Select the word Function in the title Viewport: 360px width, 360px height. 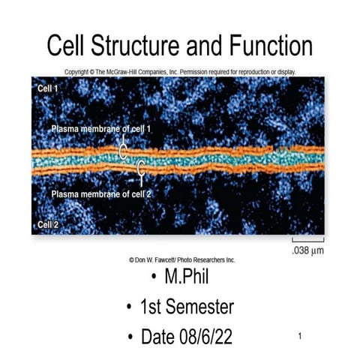pyautogui.click(x=267, y=46)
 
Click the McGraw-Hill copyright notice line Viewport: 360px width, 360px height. pyautogui.click(x=180, y=72)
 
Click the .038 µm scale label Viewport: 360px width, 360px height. pyautogui.click(x=307, y=250)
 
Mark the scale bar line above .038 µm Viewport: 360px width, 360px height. pyautogui.click(x=308, y=240)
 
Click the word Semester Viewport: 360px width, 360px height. pyautogui.click(x=200, y=307)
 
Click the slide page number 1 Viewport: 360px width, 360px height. pyautogui.click(x=299, y=335)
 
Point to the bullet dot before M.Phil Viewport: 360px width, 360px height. pyautogui.click(x=154, y=278)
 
